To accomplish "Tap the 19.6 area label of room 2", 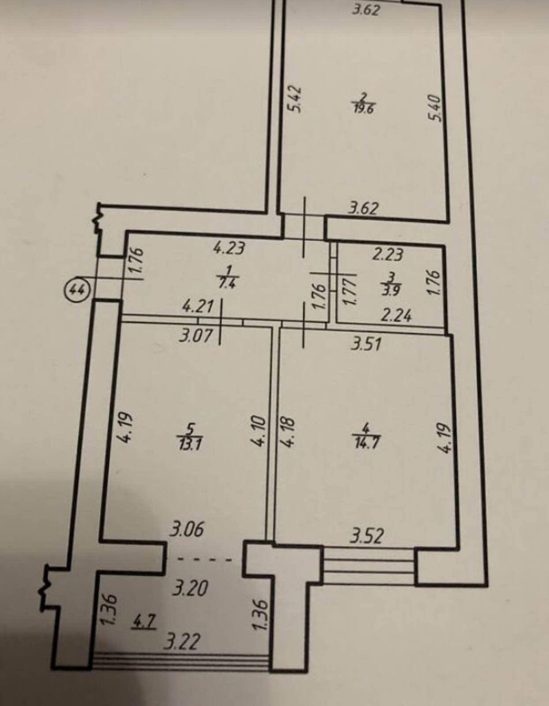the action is [364, 108].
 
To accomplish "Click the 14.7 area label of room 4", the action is [366, 443].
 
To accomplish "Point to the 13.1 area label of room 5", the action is [191, 444].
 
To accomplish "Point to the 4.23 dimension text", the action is [229, 249].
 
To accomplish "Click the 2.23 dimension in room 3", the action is [388, 255].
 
